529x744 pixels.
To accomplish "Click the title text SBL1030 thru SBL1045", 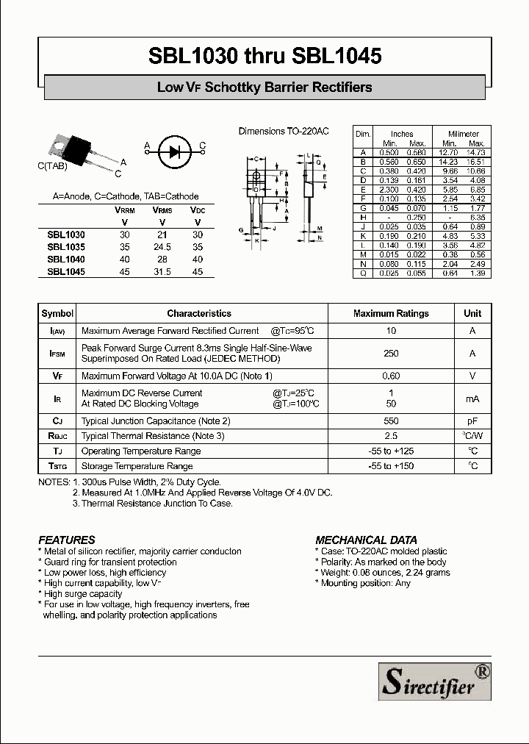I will point(264,56).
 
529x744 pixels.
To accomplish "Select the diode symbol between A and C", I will point(173,151).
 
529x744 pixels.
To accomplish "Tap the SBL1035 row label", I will point(66,246).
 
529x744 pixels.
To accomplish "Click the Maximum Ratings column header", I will point(391,313).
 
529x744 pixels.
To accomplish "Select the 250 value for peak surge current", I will point(391,354).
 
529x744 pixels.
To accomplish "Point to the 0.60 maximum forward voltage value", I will point(391,376).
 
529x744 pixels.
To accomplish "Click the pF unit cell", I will point(472,421).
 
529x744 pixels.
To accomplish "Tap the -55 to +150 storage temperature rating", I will point(391,466).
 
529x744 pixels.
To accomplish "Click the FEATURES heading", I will point(66,540).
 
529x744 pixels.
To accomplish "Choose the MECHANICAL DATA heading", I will point(366,540).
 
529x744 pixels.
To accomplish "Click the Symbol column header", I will point(57,313).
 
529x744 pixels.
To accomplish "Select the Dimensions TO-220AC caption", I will point(284,131).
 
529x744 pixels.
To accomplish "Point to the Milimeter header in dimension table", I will point(464,134).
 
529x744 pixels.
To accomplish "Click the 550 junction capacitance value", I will point(391,421).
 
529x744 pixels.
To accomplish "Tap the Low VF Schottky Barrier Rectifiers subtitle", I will point(264,87).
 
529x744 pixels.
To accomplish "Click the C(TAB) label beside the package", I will point(52,166).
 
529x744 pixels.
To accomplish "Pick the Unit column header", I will point(472,313).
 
